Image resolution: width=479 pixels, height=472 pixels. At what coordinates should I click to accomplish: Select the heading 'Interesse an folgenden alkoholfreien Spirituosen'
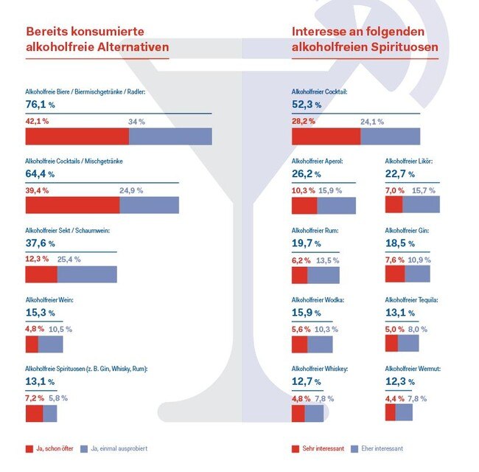[365, 41]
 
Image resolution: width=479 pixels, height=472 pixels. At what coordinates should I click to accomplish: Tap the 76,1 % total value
[41, 105]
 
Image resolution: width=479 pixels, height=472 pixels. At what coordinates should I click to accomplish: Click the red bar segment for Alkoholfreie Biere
[77, 136]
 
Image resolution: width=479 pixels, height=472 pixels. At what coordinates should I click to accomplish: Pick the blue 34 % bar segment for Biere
[170, 136]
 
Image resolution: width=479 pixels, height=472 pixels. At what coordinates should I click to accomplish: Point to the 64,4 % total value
[41, 174]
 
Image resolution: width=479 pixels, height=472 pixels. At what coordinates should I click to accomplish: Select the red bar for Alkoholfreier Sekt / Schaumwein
[41, 274]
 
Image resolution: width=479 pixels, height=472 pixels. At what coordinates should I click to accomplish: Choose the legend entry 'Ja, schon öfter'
[52, 448]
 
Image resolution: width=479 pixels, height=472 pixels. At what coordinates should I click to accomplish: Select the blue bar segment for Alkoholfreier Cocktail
[390, 136]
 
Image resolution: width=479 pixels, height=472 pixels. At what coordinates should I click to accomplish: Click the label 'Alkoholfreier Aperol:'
[317, 161]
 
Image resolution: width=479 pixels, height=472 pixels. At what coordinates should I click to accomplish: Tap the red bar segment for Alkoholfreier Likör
[394, 204]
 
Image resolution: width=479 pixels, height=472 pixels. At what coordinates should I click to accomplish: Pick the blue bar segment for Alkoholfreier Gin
[417, 274]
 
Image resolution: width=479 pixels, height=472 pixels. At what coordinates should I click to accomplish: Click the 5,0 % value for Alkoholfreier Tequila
[396, 329]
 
